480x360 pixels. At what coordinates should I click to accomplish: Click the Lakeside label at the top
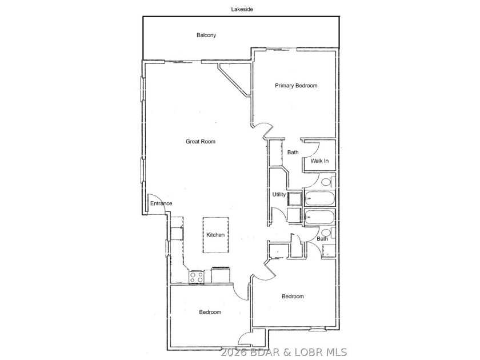[x=242, y=9]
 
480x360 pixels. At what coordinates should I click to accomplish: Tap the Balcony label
[x=206, y=35]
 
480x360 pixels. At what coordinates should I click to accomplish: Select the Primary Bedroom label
[x=296, y=86]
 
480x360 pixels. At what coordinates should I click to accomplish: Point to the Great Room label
[x=201, y=142]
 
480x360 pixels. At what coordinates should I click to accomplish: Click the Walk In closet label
[x=319, y=161]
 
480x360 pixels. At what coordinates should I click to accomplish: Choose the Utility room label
[x=279, y=194]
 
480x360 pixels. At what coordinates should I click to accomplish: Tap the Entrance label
[x=161, y=203]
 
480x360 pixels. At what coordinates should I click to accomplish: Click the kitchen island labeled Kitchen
[x=215, y=235]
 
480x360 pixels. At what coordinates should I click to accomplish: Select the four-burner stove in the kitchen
[x=196, y=277]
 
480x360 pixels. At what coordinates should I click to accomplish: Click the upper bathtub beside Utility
[x=319, y=198]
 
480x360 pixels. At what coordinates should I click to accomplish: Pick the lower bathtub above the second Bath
[x=319, y=218]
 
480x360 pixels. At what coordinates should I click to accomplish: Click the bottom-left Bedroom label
[x=210, y=312]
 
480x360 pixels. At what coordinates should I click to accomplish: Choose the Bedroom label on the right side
[x=293, y=297]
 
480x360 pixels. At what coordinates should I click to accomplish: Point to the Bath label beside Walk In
[x=293, y=152]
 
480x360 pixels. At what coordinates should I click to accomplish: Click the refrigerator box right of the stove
[x=222, y=275]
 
